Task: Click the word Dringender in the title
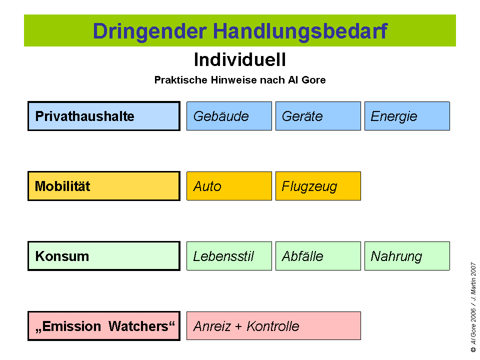[149, 31]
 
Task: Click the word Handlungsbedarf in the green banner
[300, 31]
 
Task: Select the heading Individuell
[240, 59]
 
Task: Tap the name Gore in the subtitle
[313, 80]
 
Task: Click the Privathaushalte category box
[104, 116]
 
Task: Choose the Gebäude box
[229, 116]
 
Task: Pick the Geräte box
[318, 116]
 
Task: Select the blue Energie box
[407, 116]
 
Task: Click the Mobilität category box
[104, 186]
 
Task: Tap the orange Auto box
[229, 186]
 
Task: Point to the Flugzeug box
[318, 186]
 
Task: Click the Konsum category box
[104, 256]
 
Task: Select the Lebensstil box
[229, 256]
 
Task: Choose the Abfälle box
[318, 256]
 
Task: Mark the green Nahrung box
[407, 256]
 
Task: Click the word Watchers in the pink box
[141, 326]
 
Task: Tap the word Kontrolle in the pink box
[273, 326]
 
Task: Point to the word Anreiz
[212, 326]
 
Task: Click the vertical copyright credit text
[473, 307]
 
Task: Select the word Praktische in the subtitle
[181, 80]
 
